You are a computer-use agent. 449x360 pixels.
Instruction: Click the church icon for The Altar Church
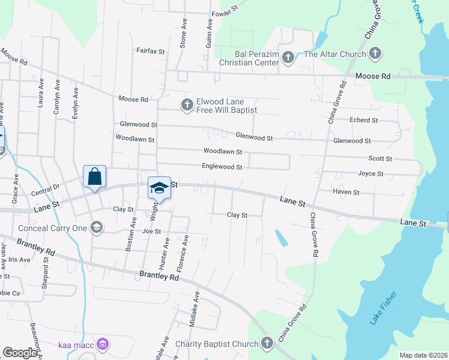(375, 54)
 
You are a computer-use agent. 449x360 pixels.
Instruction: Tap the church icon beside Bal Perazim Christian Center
(288, 58)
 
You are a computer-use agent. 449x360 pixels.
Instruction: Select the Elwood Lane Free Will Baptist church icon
(187, 105)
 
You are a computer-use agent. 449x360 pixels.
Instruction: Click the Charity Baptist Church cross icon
(267, 343)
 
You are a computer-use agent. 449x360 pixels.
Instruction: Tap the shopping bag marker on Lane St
(95, 177)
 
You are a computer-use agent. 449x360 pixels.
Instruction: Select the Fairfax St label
(150, 52)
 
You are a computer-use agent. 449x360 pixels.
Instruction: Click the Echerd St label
(364, 120)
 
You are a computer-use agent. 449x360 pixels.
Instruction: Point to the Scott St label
(380, 158)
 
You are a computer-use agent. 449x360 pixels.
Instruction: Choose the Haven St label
(347, 192)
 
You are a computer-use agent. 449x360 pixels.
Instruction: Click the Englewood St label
(222, 167)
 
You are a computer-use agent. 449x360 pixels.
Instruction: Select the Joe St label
(152, 231)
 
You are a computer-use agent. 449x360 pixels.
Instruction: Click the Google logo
(20, 353)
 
